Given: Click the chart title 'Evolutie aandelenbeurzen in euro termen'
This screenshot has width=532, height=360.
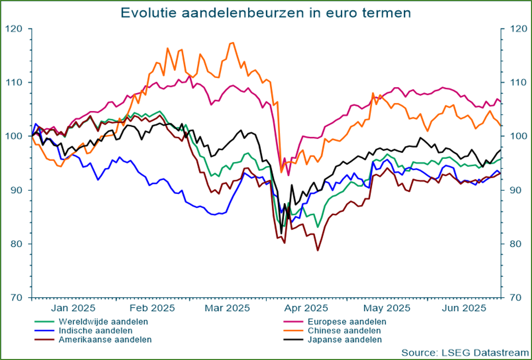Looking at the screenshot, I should click(265, 13).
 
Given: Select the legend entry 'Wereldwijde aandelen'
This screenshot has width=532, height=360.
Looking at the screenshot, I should click(103, 322).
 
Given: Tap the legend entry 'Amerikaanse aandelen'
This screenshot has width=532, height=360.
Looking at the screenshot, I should click(105, 339).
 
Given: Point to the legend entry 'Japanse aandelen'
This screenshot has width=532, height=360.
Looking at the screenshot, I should click(344, 339).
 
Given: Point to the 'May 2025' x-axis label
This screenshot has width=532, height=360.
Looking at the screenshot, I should click(387, 308).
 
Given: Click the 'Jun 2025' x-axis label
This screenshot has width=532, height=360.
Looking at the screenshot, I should click(463, 308).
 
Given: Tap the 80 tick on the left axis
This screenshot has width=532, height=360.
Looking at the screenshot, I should click(18, 244).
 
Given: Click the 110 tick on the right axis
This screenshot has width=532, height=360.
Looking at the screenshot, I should click(513, 82).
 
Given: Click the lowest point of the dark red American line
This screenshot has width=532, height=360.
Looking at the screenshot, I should click(318, 251).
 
